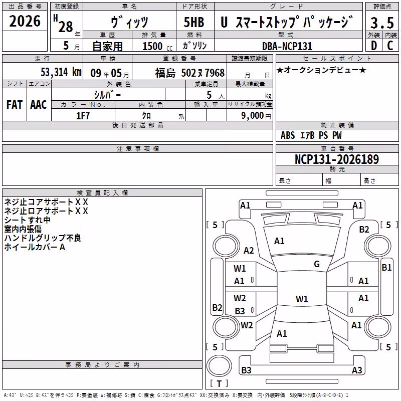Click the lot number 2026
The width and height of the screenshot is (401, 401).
pos(25,21)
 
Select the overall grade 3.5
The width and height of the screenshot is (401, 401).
pos(382,23)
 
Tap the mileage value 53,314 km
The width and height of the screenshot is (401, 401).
pos(61,72)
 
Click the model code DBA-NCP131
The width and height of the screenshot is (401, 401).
pos(287,46)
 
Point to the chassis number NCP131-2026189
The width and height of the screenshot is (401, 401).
pos(337,159)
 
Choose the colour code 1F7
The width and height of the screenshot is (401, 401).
pos(83,116)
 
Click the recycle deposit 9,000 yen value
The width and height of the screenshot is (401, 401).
pos(256,116)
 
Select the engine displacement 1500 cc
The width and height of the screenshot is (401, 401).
pos(157,46)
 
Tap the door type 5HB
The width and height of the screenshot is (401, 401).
pos(194,22)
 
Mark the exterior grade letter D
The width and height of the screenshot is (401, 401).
pos(374,46)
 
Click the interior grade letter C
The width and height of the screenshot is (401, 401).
pos(390,46)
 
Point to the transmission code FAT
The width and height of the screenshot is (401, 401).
pos(15,105)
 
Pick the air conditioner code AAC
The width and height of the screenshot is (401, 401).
pos(39,105)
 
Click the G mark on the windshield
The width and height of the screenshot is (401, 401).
pos(317,264)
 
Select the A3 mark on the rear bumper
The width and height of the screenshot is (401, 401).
pos(357,370)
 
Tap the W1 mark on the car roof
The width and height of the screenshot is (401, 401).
pos(302,299)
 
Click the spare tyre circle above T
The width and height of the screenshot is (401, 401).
pos(219,366)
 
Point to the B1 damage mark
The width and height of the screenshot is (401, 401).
pos(386,268)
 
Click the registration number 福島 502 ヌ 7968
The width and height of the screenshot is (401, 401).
pos(190,73)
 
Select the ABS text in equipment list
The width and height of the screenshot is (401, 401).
pos(288,135)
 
